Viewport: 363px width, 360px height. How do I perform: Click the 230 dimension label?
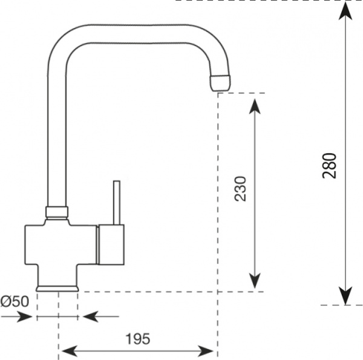(240, 189)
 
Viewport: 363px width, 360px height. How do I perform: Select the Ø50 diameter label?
(13, 301)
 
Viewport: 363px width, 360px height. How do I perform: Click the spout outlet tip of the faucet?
(220, 82)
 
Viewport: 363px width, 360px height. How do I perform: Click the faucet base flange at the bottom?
(57, 287)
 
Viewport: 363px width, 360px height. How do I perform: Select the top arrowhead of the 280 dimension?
(345, 10)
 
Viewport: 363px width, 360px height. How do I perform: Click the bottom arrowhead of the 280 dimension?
(345, 296)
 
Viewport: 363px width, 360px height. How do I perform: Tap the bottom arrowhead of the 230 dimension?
(255, 281)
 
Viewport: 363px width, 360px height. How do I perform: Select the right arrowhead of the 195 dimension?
(208, 350)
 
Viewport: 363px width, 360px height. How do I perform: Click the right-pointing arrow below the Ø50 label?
(25, 316)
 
